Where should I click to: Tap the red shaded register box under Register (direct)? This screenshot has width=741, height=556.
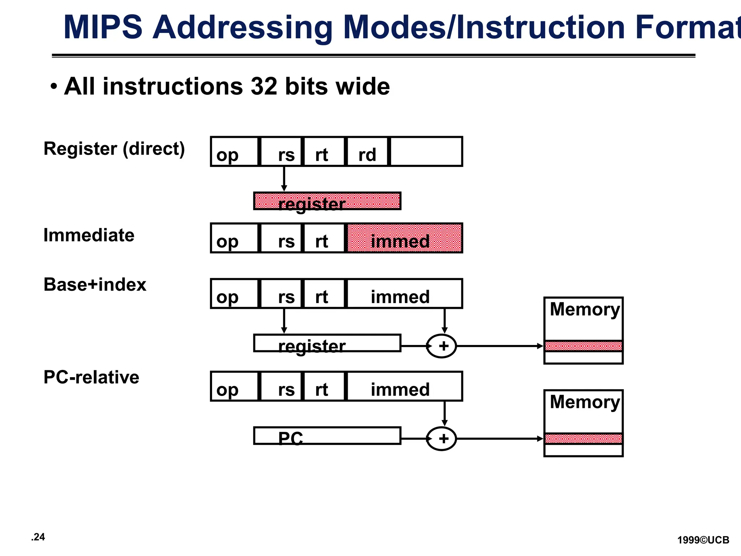(327, 201)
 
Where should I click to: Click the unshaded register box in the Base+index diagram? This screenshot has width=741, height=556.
(327, 343)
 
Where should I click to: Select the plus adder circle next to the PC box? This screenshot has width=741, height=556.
(441, 439)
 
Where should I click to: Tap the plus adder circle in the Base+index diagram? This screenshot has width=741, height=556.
(441, 346)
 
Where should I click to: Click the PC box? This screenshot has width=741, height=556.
(327, 436)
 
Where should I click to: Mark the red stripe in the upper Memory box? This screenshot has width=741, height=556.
(583, 346)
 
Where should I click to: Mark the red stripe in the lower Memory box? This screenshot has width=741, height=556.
(583, 439)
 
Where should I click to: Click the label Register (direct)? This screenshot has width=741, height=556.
(114, 149)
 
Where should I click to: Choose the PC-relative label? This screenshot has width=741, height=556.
(91, 377)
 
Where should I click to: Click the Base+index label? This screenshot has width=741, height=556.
(95, 285)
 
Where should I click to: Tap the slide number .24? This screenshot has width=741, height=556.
(38, 537)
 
